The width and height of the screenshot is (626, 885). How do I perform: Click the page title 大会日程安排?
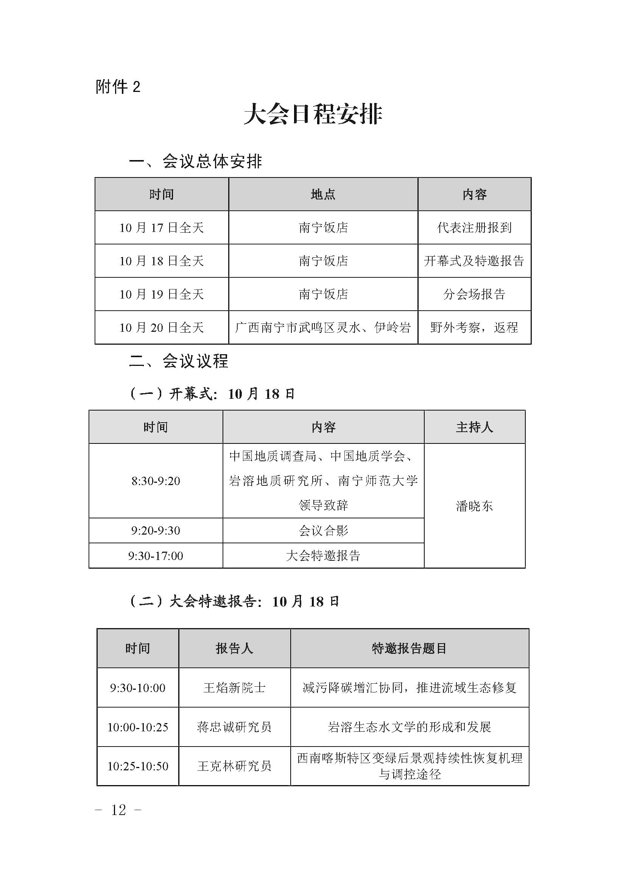coord(313,114)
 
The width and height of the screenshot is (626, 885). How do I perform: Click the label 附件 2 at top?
coord(118,87)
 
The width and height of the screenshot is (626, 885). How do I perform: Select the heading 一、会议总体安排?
coord(195,162)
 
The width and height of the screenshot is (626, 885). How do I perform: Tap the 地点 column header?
coord(323,194)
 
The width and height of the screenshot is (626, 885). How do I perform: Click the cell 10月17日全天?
coord(162,228)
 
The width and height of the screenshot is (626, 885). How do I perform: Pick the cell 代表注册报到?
coord(474,228)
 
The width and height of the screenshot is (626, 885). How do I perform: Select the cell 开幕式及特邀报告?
coord(474,261)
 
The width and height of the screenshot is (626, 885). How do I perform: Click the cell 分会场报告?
coord(474,294)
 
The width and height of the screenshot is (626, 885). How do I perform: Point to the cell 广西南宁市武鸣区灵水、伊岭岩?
coord(323,328)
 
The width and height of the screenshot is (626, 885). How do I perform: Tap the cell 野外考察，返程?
coord(474,328)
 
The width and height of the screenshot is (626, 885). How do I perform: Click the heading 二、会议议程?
coord(179,361)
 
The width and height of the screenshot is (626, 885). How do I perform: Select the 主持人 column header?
coord(474,427)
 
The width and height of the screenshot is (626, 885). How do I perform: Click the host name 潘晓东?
coord(474,506)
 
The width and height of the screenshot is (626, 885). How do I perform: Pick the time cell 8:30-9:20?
coord(156,481)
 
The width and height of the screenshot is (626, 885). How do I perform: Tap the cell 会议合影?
coord(323,531)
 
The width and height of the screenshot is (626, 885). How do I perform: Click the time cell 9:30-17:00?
coord(156,556)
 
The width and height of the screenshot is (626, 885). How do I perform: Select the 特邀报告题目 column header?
coord(410,649)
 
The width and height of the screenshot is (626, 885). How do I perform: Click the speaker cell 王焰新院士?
coord(234,688)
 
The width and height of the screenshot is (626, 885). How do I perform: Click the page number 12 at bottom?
coord(118,810)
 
